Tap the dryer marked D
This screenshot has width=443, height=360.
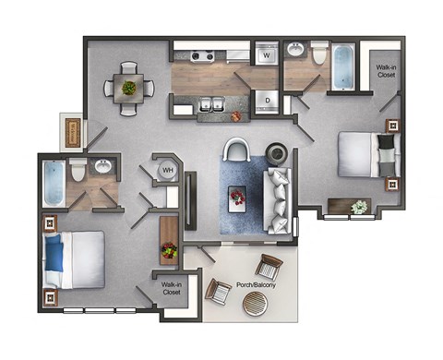pyautogui.click(x=267, y=100)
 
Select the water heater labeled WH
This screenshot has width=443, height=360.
pyautogui.click(x=169, y=170)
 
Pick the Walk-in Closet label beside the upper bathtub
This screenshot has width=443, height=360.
pyautogui.click(x=385, y=71)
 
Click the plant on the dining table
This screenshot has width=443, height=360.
pyautogui.click(x=128, y=88)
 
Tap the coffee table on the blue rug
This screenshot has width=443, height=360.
pyautogui.click(x=237, y=198)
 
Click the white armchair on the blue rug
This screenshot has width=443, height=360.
pyautogui.click(x=236, y=152)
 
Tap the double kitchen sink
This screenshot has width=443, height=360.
pyautogui.click(x=211, y=104)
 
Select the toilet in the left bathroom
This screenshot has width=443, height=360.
pyautogui.click(x=78, y=170)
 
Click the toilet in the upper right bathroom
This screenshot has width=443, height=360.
pyautogui.click(x=318, y=55)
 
